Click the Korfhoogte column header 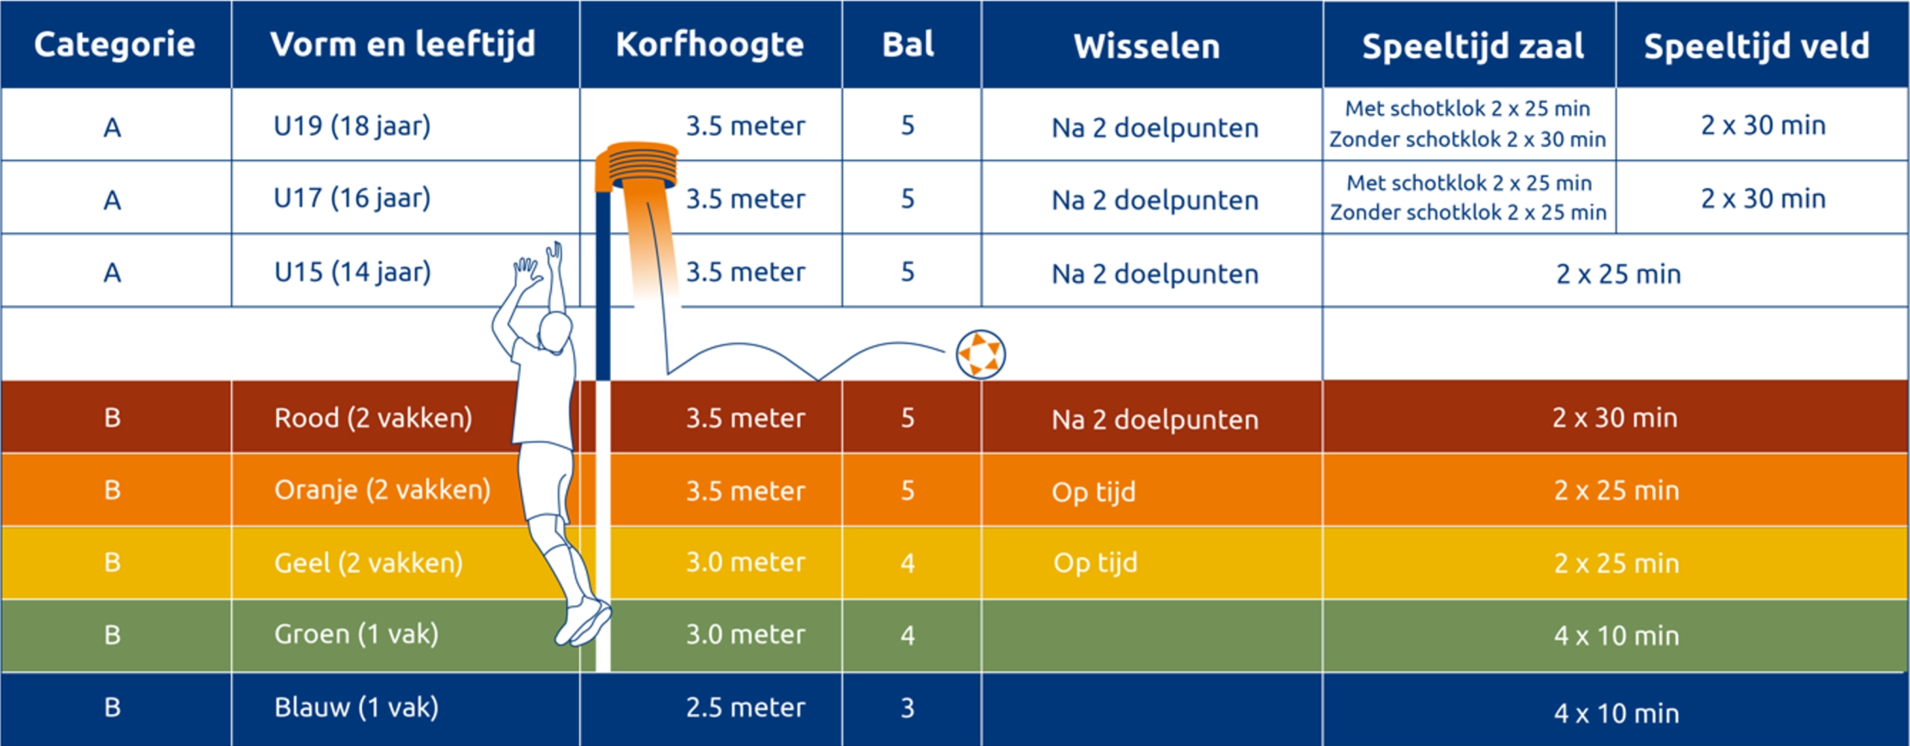coord(710,45)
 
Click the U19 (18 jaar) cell coord(352,125)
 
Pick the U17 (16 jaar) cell coord(352,198)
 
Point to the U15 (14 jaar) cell coord(352,272)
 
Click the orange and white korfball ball coord(980,354)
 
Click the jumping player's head coord(556,331)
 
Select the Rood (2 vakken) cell coord(373,418)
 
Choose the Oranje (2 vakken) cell coord(382,490)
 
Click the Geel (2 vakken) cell coord(369,562)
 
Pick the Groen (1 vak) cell coord(356,634)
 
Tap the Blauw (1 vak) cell coord(356,706)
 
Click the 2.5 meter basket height coord(745,707)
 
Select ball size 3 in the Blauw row coord(907,707)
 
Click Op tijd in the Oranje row coord(1094,492)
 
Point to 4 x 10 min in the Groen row coord(1616,636)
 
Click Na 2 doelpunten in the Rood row coord(1155,419)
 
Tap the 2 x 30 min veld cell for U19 coord(1763,125)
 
